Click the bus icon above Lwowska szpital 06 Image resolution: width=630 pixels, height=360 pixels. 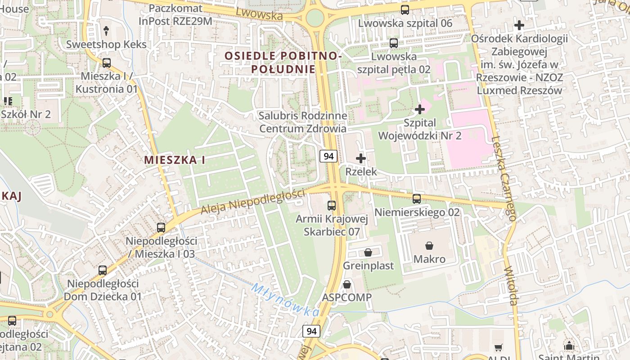pyautogui.click(x=405, y=9)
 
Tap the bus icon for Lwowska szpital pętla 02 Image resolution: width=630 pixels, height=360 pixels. pyautogui.click(x=394, y=43)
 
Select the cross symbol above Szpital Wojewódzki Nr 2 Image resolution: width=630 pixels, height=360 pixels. pyautogui.click(x=420, y=109)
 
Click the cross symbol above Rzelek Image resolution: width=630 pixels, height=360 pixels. pyautogui.click(x=361, y=158)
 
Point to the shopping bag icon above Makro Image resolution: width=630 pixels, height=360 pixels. pyautogui.click(x=429, y=246)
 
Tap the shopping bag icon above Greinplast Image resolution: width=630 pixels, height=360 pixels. pyautogui.click(x=368, y=252)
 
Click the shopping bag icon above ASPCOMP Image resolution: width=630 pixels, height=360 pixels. pyautogui.click(x=347, y=284)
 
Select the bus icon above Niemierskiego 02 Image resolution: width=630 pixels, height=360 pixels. pyautogui.click(x=417, y=198)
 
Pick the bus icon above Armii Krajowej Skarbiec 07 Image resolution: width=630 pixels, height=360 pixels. pyautogui.click(x=332, y=206)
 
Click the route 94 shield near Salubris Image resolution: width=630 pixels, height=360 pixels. pyautogui.click(x=328, y=156)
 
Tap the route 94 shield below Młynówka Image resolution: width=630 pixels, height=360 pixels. pyautogui.click(x=311, y=332)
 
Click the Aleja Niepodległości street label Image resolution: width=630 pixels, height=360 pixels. pyautogui.click(x=252, y=202)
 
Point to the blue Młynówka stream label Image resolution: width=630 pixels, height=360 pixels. pyautogui.click(x=285, y=299)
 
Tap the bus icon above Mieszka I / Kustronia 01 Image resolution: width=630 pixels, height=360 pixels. pyautogui.click(x=107, y=63)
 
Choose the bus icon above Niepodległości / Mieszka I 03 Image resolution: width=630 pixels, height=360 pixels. pyautogui.click(x=161, y=228)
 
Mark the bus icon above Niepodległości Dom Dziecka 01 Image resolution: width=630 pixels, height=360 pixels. pyautogui.click(x=103, y=270)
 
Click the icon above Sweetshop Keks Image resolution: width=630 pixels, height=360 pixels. pyautogui.click(x=106, y=31)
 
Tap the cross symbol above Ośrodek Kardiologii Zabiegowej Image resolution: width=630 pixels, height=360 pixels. pyautogui.click(x=519, y=25)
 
